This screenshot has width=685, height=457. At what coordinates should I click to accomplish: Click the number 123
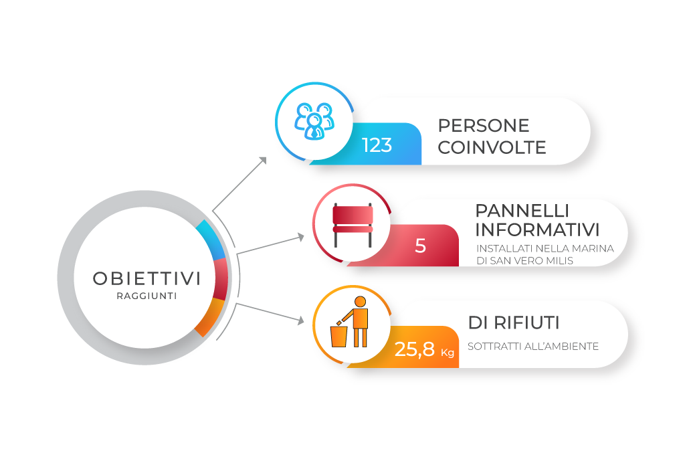(x=377, y=145)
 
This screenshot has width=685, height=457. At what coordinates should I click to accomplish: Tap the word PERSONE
(x=484, y=126)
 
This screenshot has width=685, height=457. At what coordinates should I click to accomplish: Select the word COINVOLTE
(x=492, y=148)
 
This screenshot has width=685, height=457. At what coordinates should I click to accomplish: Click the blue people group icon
(x=314, y=121)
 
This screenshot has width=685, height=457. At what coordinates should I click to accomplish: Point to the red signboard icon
(x=353, y=225)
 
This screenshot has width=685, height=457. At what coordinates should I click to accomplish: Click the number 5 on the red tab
(x=420, y=246)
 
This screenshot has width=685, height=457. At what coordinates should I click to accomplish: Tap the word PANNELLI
(x=522, y=211)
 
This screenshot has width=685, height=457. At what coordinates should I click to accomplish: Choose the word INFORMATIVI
(x=537, y=230)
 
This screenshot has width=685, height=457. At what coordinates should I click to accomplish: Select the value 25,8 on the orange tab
(x=415, y=349)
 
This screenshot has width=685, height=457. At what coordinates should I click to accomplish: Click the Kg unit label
(x=448, y=352)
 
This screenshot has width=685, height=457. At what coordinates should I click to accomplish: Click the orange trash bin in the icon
(x=339, y=337)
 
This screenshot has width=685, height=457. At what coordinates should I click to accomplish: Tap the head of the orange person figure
(x=361, y=302)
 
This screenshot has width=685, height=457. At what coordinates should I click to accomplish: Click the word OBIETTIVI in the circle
(x=146, y=279)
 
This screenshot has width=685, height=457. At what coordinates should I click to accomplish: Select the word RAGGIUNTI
(x=146, y=296)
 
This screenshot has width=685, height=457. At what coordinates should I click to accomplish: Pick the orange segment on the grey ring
(x=211, y=317)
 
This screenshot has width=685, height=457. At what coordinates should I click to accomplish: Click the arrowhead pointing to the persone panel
(x=263, y=161)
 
